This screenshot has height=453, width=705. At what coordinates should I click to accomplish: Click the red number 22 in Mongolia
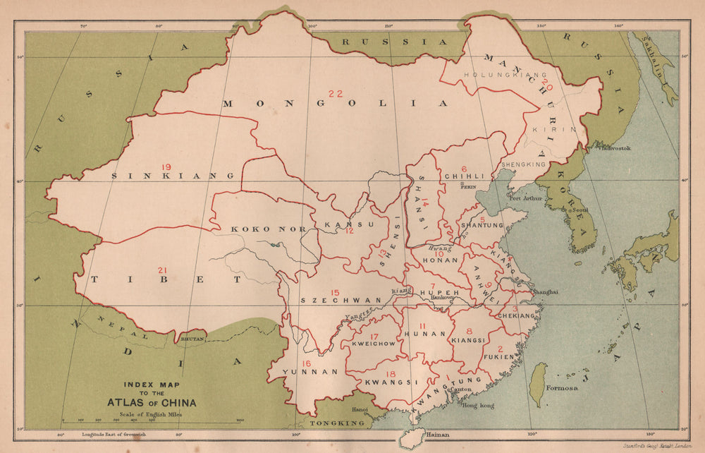pos(335,94)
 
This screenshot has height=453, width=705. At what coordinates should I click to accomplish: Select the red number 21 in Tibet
pos(163,271)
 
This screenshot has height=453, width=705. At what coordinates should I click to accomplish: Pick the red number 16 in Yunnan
pos(305,363)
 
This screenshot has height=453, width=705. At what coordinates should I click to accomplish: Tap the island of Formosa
pos(538,383)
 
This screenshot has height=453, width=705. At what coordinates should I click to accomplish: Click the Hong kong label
pos(478,406)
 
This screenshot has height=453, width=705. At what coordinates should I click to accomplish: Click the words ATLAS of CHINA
pos(152,403)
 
